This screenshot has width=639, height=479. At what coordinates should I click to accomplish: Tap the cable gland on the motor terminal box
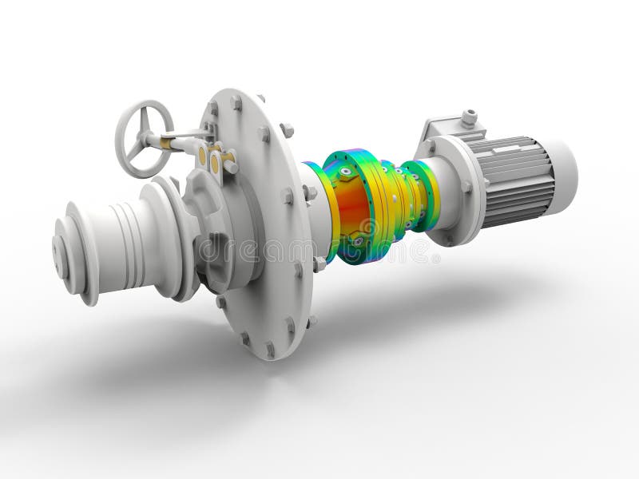click(469, 118)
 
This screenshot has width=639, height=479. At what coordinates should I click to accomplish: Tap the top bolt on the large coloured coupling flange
click(344, 170)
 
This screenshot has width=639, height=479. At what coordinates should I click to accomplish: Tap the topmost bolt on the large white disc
click(236, 102)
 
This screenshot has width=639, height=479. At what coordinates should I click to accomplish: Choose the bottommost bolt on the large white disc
click(270, 349)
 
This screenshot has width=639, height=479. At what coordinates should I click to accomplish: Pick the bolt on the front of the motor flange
click(466, 186)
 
